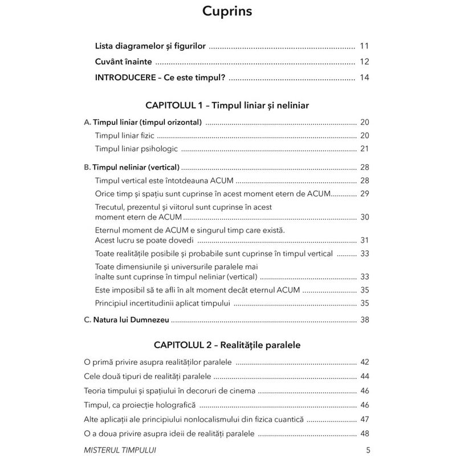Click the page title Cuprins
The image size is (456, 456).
tap(227, 11)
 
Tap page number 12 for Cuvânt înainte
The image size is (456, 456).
tap(365, 62)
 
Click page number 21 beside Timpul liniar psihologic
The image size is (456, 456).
tap(365, 149)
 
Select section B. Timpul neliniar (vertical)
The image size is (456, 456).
tap(132, 168)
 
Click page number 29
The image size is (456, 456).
tap(365, 194)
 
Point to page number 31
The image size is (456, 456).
tap(365, 240)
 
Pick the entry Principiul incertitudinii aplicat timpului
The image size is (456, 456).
tap(162, 302)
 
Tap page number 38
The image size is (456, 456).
tap(365, 320)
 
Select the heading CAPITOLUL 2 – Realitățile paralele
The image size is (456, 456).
tap(227, 345)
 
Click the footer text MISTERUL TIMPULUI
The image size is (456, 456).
tap(119, 449)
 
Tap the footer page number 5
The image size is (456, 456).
tap(368, 449)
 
